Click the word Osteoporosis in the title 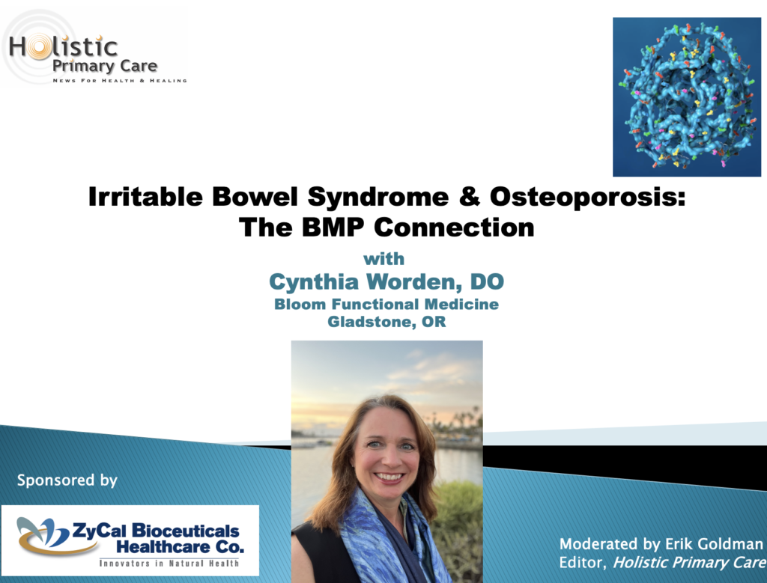click(587, 196)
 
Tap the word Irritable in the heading click(145, 196)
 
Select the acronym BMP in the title click(333, 228)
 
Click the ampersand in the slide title click(469, 196)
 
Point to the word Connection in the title click(454, 228)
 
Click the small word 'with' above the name click(384, 258)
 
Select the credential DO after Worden click(487, 281)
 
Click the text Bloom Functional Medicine click(386, 304)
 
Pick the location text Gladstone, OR click(386, 322)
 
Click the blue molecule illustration click(687, 97)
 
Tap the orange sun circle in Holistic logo click(39, 47)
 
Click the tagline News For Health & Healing click(120, 81)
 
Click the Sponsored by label click(67, 480)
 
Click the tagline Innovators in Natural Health click(169, 564)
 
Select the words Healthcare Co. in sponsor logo click(180, 546)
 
